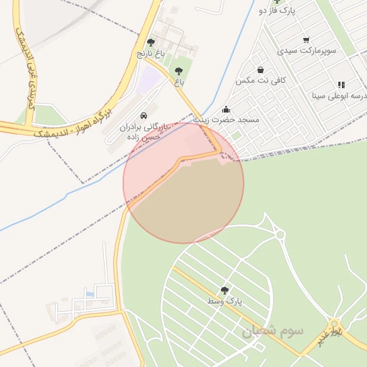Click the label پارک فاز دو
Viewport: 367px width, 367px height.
click(x=277, y=11)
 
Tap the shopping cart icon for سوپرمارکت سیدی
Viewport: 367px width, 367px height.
click(x=306, y=40)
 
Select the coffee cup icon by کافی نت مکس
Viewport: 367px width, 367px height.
click(x=258, y=70)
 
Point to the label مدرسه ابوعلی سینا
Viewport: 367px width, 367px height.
click(x=340, y=95)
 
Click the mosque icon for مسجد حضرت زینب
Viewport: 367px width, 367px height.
click(x=227, y=109)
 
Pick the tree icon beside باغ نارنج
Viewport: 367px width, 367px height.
click(x=151, y=43)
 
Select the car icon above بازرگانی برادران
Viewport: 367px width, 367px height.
click(x=144, y=115)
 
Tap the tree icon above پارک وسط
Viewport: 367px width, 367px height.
click(x=225, y=290)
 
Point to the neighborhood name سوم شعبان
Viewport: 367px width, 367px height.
click(x=272, y=331)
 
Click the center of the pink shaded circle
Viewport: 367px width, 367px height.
click(x=183, y=182)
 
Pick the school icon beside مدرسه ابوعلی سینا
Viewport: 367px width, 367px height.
click(x=341, y=85)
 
